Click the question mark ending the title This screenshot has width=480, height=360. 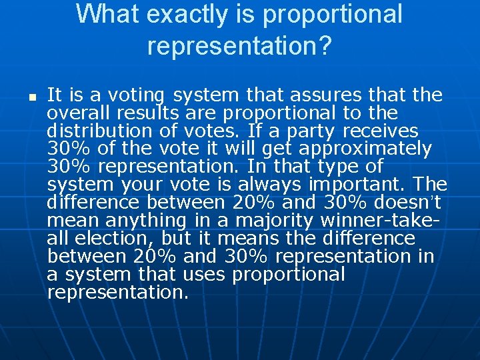[325, 45]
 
